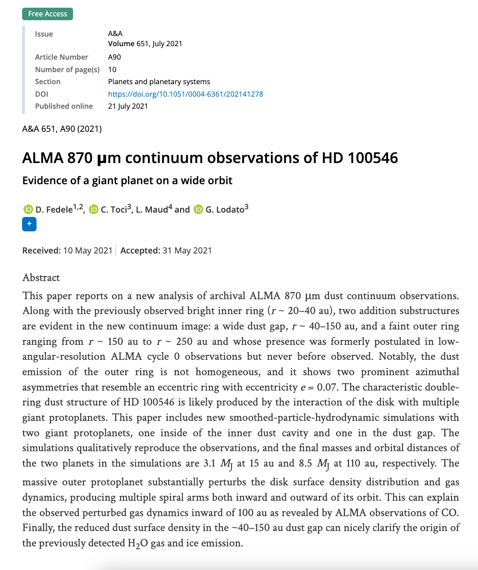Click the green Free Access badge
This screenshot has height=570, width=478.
coord(48,13)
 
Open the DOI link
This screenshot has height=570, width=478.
coord(185,94)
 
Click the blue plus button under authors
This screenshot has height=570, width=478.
coord(29,224)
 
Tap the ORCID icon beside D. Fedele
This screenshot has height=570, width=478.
coord(28,209)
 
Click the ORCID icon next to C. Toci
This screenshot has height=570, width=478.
coord(94,209)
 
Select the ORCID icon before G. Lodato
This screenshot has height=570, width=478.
coord(199,209)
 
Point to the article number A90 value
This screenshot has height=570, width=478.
coord(114,57)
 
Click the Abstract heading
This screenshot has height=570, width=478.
coord(41,278)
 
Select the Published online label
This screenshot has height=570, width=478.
coord(64,106)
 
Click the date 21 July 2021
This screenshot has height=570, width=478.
coord(128,106)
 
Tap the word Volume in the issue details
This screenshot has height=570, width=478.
coord(121,43)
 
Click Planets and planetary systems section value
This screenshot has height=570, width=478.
coord(159,81)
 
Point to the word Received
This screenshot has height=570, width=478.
coord(41,250)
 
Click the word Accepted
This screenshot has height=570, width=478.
coord(140,250)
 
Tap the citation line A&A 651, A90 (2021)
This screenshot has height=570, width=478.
coord(62,128)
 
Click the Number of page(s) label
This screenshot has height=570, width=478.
coord(67,69)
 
